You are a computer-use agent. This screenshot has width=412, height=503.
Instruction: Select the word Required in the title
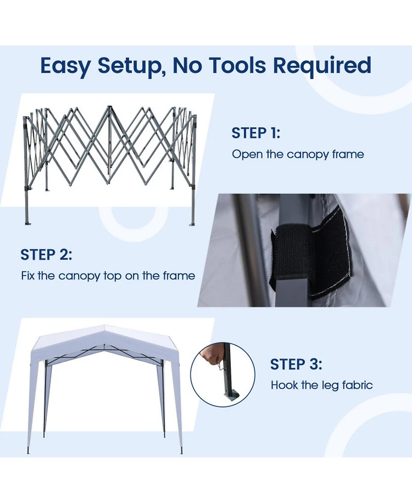(x=322, y=66)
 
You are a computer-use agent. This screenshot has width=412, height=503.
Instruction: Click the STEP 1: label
(x=256, y=133)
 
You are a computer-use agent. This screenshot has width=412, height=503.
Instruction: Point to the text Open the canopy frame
(x=298, y=154)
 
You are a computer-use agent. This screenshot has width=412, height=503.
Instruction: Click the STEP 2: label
(x=46, y=254)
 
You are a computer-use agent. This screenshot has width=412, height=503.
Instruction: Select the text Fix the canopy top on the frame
(x=108, y=276)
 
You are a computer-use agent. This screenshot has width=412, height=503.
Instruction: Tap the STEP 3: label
(x=296, y=365)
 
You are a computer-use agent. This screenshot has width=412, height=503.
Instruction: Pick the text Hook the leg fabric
(x=321, y=385)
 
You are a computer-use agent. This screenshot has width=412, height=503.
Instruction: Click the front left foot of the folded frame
(x=27, y=222)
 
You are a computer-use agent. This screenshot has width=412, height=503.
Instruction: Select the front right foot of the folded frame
(x=193, y=223)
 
